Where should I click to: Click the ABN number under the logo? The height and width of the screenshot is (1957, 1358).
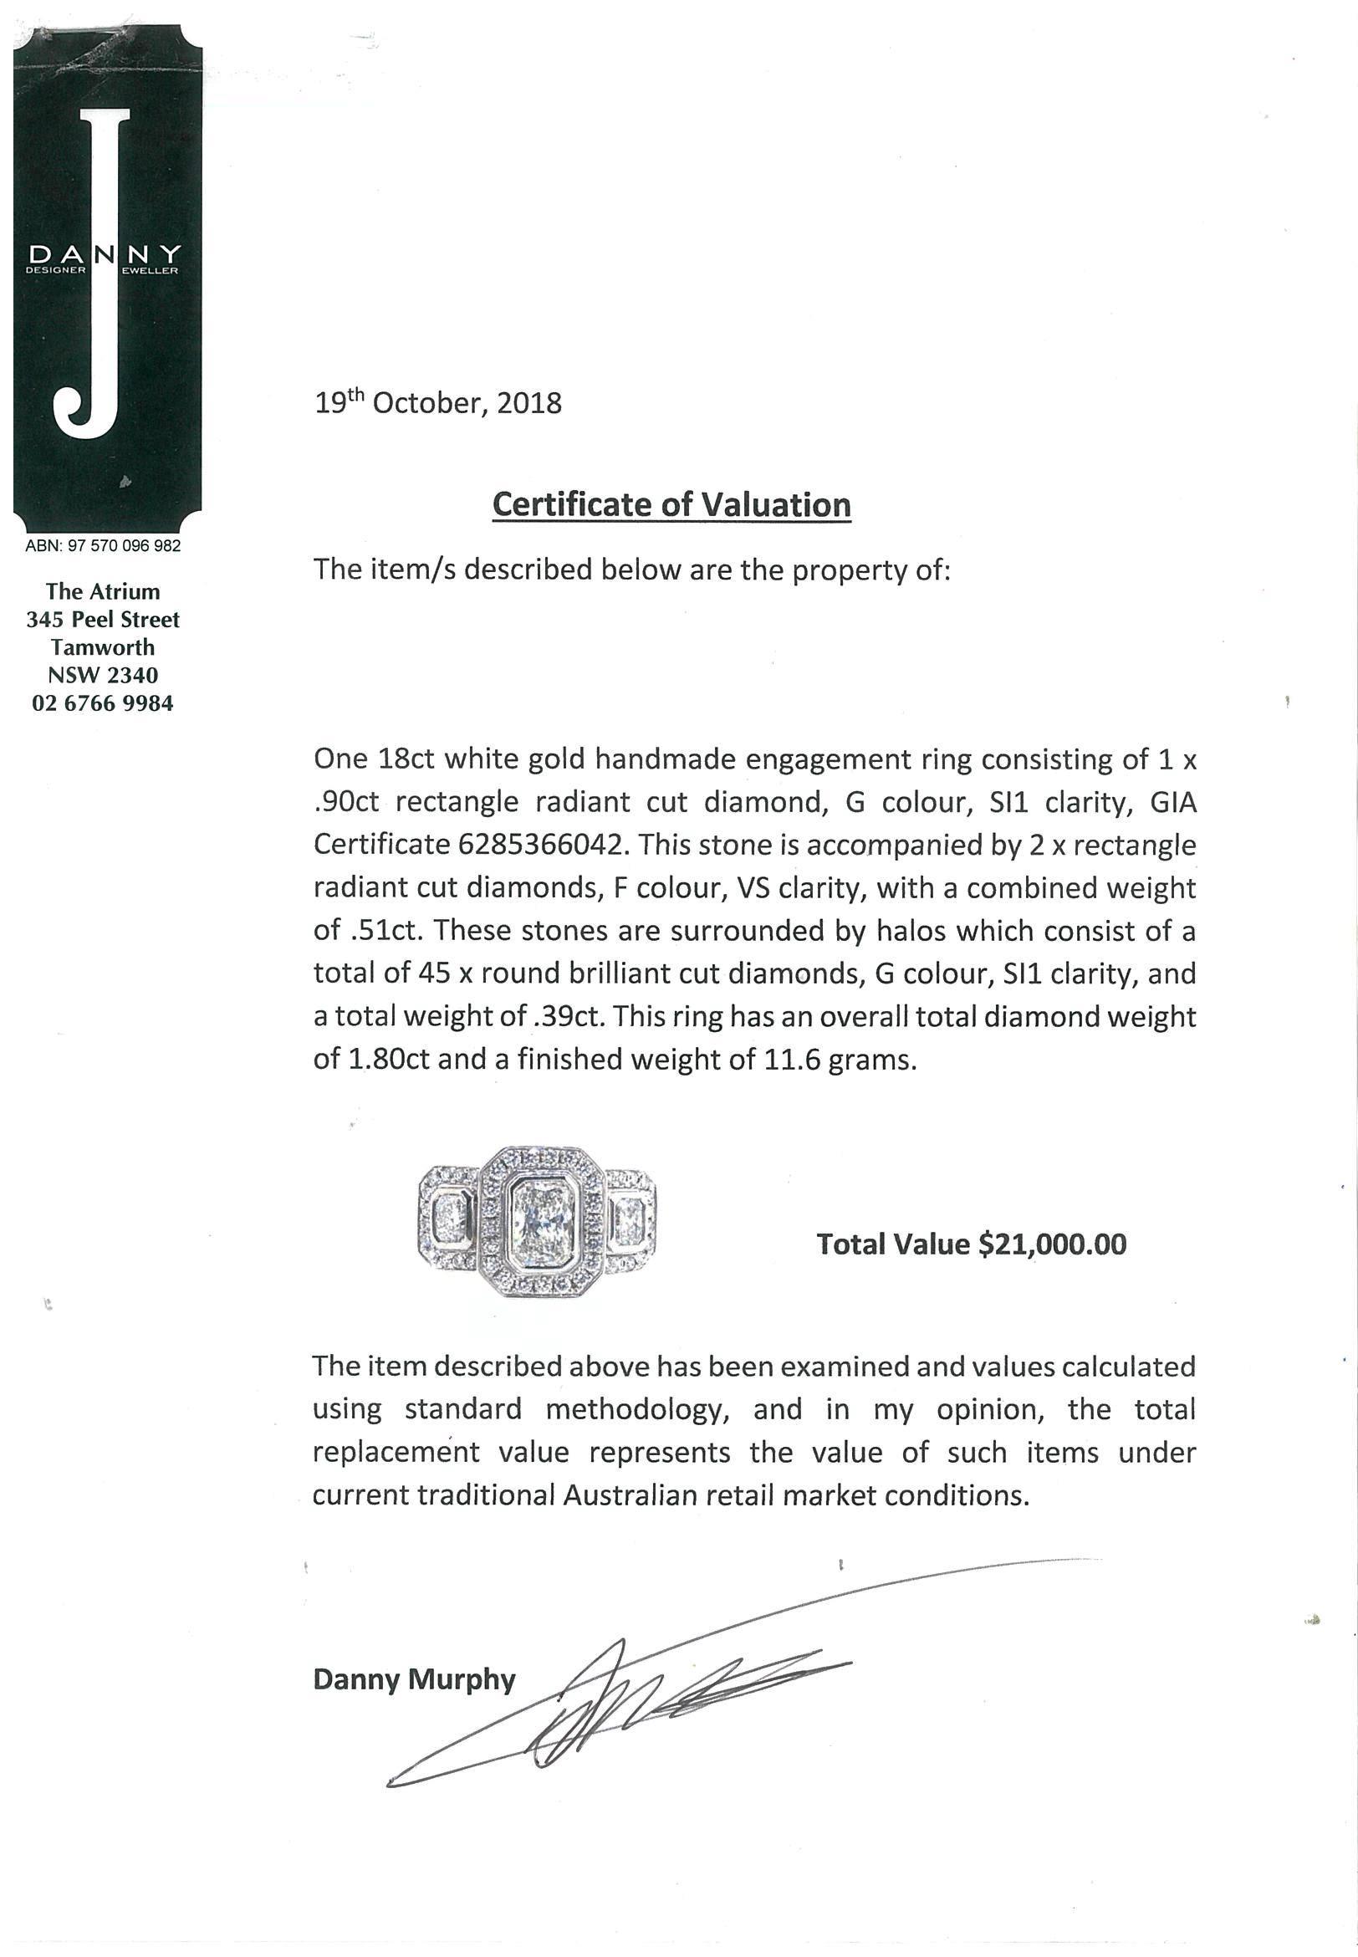(x=103, y=545)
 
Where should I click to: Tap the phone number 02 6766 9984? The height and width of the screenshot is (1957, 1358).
(x=103, y=703)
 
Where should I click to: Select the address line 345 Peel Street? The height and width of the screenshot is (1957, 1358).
(x=103, y=620)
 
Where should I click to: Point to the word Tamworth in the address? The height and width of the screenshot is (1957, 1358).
(x=103, y=647)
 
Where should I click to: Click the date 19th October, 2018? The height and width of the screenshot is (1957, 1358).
(x=438, y=402)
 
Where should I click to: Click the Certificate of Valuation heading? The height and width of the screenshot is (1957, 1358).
(x=671, y=504)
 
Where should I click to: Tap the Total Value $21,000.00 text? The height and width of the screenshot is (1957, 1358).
(x=971, y=1244)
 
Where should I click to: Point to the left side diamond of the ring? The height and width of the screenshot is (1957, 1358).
(x=449, y=1222)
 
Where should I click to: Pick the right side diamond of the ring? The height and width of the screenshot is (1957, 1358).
(x=630, y=1222)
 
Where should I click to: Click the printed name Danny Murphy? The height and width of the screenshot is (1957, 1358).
(x=414, y=1679)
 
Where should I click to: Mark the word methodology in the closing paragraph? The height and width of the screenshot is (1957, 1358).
(x=638, y=1409)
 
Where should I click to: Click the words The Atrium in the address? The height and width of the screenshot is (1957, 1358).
(x=103, y=591)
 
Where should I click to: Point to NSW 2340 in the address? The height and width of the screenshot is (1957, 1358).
(x=103, y=676)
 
